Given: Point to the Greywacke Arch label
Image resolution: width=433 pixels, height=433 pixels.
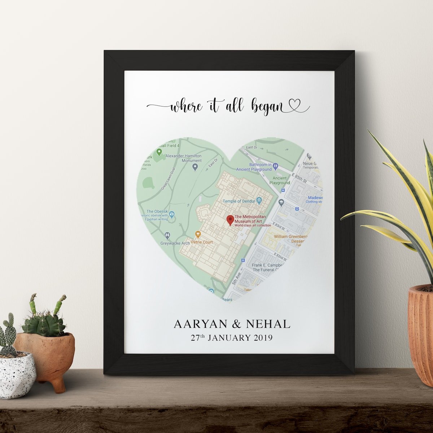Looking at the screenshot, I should (x=175, y=243).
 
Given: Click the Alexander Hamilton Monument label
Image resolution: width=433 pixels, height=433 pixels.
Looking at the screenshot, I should (x=184, y=158).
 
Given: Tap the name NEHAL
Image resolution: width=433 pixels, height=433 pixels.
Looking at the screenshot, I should (x=268, y=324).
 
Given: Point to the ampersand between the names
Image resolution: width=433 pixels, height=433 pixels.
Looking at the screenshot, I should (x=237, y=324).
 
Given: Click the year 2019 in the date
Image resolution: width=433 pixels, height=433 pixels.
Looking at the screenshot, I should (x=263, y=338).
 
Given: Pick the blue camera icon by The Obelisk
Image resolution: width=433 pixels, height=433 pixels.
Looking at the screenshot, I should (x=172, y=214).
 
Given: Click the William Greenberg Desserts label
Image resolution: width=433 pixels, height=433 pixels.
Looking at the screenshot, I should (x=290, y=239).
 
